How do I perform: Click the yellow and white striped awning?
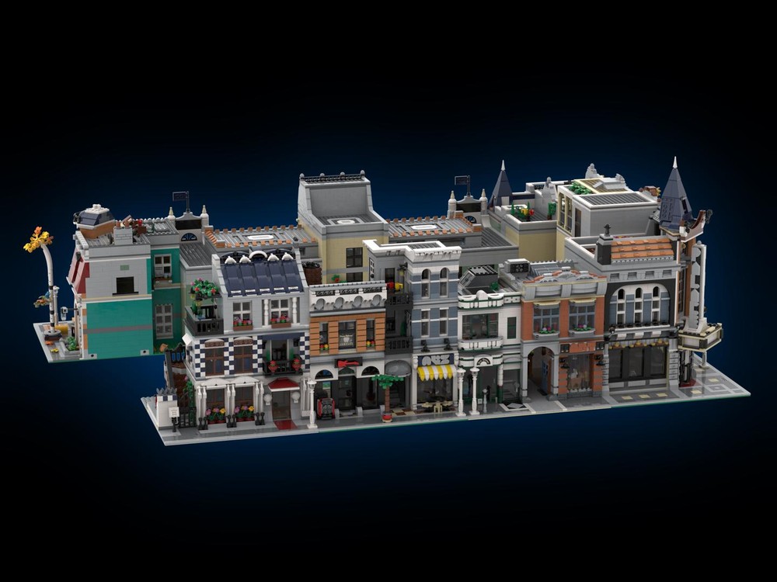(436, 372)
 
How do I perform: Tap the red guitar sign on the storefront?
(348, 362)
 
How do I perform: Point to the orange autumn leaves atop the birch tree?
(38, 239)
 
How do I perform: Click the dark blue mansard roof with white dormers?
(261, 272)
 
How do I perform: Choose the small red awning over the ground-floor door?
(283, 383)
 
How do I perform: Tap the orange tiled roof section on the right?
(641, 248)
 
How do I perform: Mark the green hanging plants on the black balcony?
(204, 292)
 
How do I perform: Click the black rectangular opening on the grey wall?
(124, 285)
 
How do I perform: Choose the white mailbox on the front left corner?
(168, 411)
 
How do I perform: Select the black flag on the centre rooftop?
(463, 184)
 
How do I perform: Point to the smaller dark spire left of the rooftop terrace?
(501, 186)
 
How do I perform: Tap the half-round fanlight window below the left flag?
(189, 237)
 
